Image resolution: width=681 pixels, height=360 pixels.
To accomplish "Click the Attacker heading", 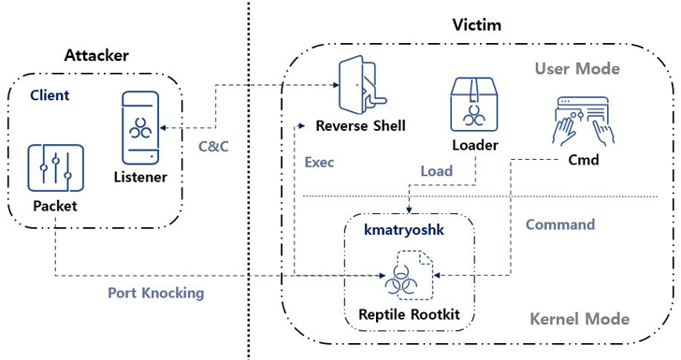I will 96,56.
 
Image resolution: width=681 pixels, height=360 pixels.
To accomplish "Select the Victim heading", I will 476,24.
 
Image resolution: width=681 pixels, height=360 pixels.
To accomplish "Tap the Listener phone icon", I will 140,127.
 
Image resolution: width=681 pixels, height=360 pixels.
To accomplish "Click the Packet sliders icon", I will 56,170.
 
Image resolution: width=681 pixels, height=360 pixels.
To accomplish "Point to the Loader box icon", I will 473,104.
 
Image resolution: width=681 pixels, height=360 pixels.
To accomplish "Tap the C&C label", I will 217,146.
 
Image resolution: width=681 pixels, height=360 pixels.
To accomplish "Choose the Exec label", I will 319,162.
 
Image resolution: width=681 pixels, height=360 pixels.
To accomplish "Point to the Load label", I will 436,171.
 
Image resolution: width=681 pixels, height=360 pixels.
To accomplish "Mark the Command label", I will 559,224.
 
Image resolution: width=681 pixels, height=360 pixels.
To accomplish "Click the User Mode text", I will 576,68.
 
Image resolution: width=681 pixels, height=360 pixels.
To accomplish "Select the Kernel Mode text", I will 580,319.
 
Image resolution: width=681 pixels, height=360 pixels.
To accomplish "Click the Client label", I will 50,95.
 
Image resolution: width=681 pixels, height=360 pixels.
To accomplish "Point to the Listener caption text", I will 140,176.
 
